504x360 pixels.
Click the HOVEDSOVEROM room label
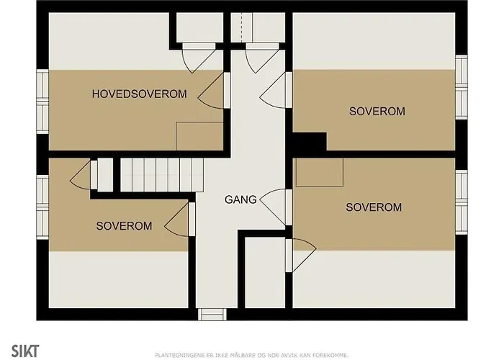(139, 94)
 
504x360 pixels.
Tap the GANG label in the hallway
(240, 199)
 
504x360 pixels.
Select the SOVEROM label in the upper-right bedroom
(377, 111)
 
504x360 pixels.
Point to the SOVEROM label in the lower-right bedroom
(374, 207)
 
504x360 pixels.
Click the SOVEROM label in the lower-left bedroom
(124, 225)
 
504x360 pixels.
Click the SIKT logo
(25, 351)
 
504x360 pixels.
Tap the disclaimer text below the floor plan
(252, 355)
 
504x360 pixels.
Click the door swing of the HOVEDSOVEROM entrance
(210, 91)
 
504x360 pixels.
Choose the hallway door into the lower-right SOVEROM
(273, 207)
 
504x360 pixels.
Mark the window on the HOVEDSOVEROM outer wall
(42, 102)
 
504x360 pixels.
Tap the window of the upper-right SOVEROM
(462, 87)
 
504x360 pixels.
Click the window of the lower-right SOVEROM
(462, 202)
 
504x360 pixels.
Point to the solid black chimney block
(309, 141)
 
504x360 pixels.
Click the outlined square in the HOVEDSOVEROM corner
(199, 136)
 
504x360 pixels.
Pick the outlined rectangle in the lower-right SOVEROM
(320, 172)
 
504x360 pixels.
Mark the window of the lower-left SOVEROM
(42, 207)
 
